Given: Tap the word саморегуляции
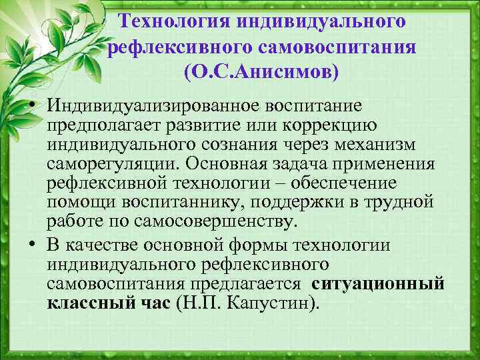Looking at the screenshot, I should (100, 164).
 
